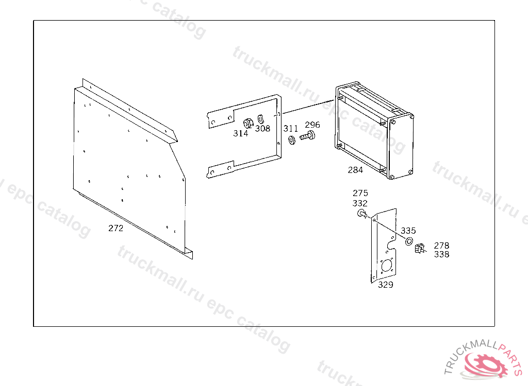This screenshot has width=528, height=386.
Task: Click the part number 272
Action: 116,228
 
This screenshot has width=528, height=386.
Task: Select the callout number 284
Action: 355,170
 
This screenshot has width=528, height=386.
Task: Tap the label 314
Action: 241,133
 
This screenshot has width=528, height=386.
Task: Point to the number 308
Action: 262,129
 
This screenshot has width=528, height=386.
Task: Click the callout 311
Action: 291,129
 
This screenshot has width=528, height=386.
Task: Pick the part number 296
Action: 312,125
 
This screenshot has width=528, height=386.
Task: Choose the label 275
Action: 360,193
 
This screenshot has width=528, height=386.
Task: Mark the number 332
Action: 360,203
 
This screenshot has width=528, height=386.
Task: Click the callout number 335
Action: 408,231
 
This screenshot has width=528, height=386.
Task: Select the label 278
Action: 441,245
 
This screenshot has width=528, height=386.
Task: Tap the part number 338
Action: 441,254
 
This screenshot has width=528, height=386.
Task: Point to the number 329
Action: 386,285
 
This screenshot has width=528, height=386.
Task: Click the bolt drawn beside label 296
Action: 307,136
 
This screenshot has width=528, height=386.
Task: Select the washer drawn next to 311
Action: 292,139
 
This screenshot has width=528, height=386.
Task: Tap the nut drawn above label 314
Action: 248,123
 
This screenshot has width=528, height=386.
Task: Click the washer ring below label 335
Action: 409,241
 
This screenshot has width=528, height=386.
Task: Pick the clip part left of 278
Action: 420,249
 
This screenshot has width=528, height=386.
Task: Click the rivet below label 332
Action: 362,214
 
